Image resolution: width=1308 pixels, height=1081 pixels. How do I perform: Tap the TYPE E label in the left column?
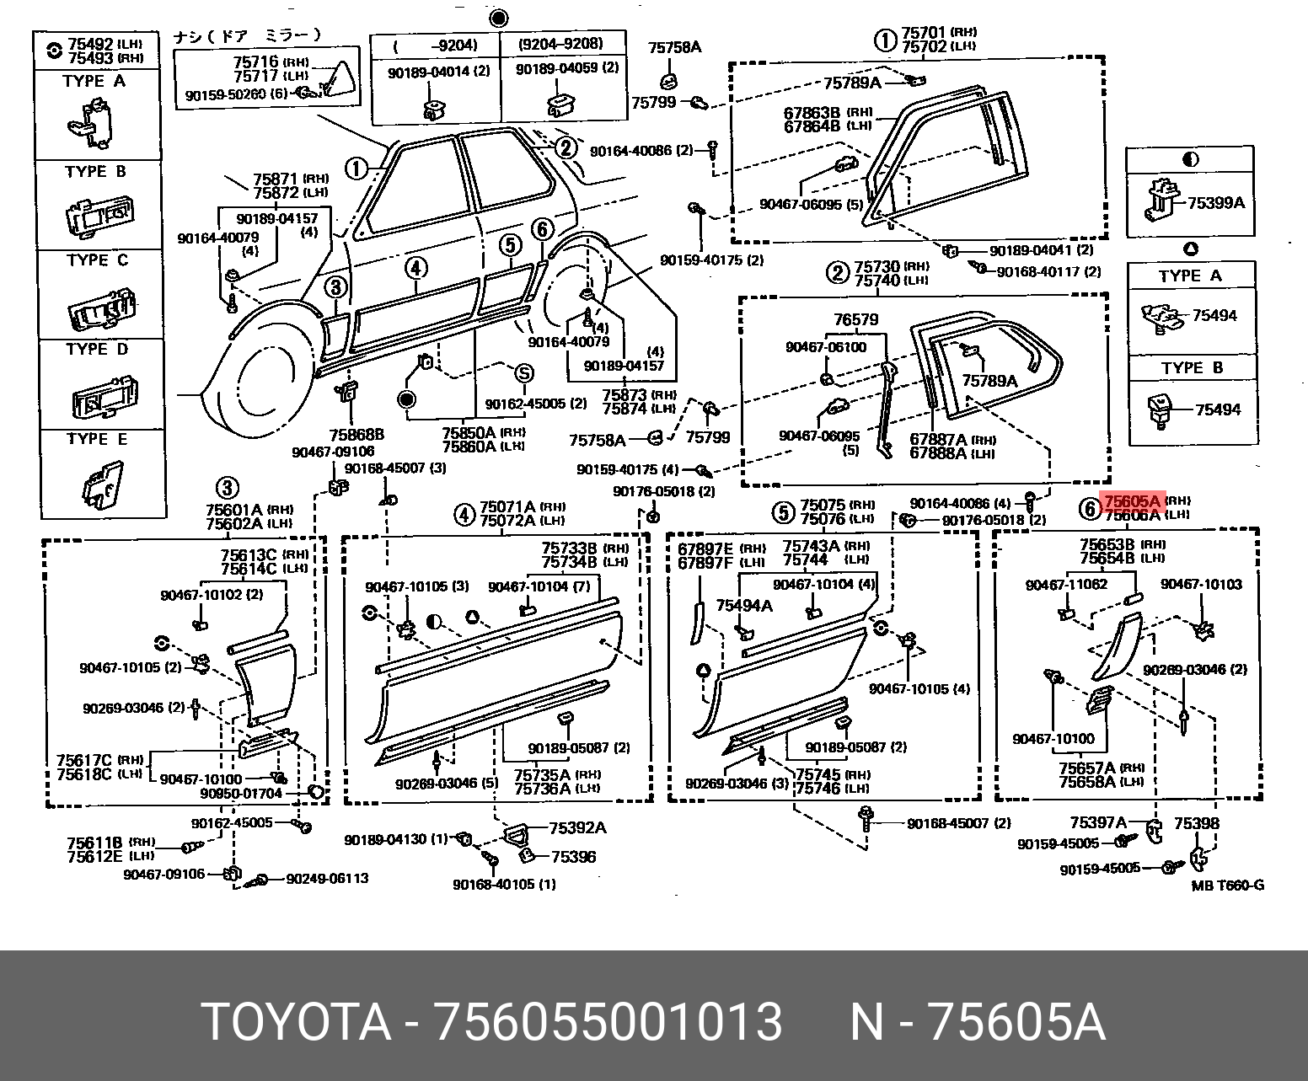click(96, 439)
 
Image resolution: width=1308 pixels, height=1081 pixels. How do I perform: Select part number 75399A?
click(1215, 203)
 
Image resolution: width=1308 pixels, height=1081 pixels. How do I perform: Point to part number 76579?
click(855, 320)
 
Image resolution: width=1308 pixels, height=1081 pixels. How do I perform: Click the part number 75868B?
click(356, 435)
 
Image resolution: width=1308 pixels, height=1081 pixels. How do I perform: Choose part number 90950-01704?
click(243, 794)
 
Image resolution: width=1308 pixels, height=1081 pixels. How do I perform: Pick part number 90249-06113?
click(327, 878)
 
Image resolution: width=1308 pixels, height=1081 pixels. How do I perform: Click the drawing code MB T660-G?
click(1227, 886)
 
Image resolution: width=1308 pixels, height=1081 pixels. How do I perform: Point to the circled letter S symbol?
click(523, 374)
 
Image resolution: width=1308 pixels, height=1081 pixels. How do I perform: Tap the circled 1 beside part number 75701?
click(884, 39)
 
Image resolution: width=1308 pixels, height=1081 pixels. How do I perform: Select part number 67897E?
click(707, 549)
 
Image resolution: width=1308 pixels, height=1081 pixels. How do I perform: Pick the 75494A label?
click(744, 605)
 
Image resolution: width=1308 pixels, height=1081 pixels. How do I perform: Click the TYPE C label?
click(97, 260)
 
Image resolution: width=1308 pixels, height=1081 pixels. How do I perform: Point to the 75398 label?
click(1197, 822)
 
